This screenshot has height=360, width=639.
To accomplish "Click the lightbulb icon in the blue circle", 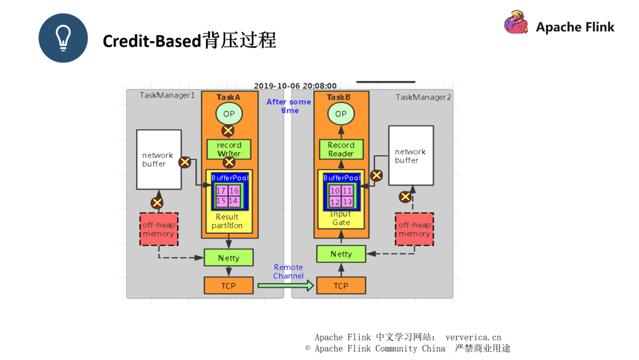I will pyautogui.click(x=63, y=38).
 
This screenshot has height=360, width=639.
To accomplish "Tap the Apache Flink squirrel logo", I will pyautogui.click(x=516, y=23).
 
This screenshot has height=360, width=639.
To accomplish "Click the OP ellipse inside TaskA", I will pyautogui.click(x=228, y=113).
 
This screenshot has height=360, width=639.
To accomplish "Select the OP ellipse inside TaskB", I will pyautogui.click(x=341, y=114).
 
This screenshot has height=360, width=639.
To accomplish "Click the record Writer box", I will pyautogui.click(x=229, y=149).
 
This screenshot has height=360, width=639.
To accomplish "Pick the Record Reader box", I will pyautogui.click(x=341, y=149).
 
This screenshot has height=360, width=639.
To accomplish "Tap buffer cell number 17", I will pyautogui.click(x=221, y=191).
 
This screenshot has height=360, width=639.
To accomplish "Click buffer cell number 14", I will pyautogui.click(x=234, y=201).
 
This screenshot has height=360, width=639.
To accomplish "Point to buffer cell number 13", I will pyautogui.click(x=347, y=202).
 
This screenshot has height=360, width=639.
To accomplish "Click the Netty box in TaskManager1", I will pyautogui.click(x=228, y=258).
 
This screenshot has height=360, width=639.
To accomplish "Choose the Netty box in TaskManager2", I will pyautogui.click(x=341, y=254).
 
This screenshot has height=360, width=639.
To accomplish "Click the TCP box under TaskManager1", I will pyautogui.click(x=228, y=285).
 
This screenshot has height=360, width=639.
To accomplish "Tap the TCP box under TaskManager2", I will pyautogui.click(x=341, y=285).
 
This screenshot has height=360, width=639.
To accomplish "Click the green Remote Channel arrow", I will pyautogui.click(x=285, y=285).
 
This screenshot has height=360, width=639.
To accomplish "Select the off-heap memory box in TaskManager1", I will pyautogui.click(x=159, y=229).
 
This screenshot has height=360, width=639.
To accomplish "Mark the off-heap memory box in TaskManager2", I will pyautogui.click(x=414, y=229).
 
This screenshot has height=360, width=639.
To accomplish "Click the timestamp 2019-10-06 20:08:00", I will pyautogui.click(x=295, y=86).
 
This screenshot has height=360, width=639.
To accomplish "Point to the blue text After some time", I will pyautogui.click(x=289, y=106).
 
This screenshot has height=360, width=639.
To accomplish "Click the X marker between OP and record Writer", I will pyautogui.click(x=228, y=130).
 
